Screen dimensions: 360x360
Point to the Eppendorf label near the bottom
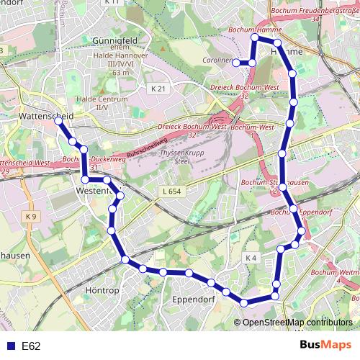point(194,299)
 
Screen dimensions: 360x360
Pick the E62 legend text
point(31,346)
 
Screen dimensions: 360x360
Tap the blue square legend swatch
point(9,346)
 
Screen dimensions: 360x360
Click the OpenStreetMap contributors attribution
point(297,322)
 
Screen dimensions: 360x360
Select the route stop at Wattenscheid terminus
point(58,121)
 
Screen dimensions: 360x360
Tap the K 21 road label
point(158,89)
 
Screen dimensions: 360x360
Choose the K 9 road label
point(30,216)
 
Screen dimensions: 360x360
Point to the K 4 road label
point(251,257)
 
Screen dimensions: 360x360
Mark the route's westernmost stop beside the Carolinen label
point(237,63)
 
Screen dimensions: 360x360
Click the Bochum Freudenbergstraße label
point(315,11)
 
